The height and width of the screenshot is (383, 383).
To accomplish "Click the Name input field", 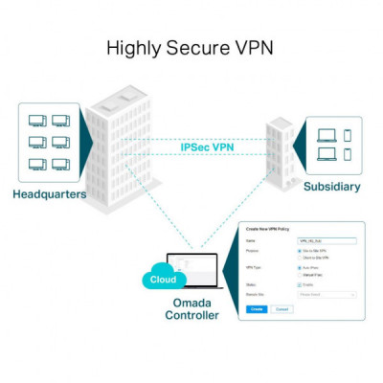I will coord(327,241).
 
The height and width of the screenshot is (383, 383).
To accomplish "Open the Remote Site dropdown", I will coord(327,295).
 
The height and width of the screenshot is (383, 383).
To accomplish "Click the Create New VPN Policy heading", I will coord(267,229).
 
